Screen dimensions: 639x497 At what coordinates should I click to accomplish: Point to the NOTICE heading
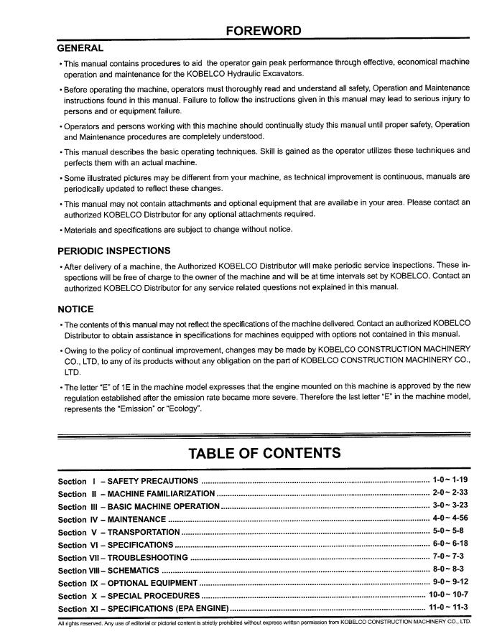click(x=75, y=309)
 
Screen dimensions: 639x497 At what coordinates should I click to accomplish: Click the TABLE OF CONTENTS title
click(x=264, y=453)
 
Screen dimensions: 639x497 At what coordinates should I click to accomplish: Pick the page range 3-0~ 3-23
click(x=450, y=505)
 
